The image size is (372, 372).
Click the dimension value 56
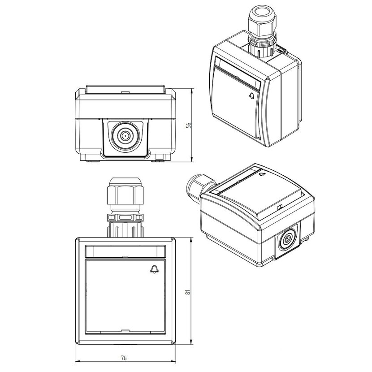pyautogui.click(x=189, y=125)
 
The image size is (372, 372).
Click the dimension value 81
pyautogui.click(x=188, y=292)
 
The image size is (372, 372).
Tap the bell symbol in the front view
pyautogui.click(x=155, y=269)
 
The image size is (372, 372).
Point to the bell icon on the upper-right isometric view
pyautogui.click(x=252, y=95)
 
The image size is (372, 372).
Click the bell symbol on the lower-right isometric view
pyautogui.click(x=262, y=174)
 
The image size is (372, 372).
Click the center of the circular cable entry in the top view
pyautogui.click(x=124, y=136)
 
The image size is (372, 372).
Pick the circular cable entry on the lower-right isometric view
pyautogui.click(x=288, y=239)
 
